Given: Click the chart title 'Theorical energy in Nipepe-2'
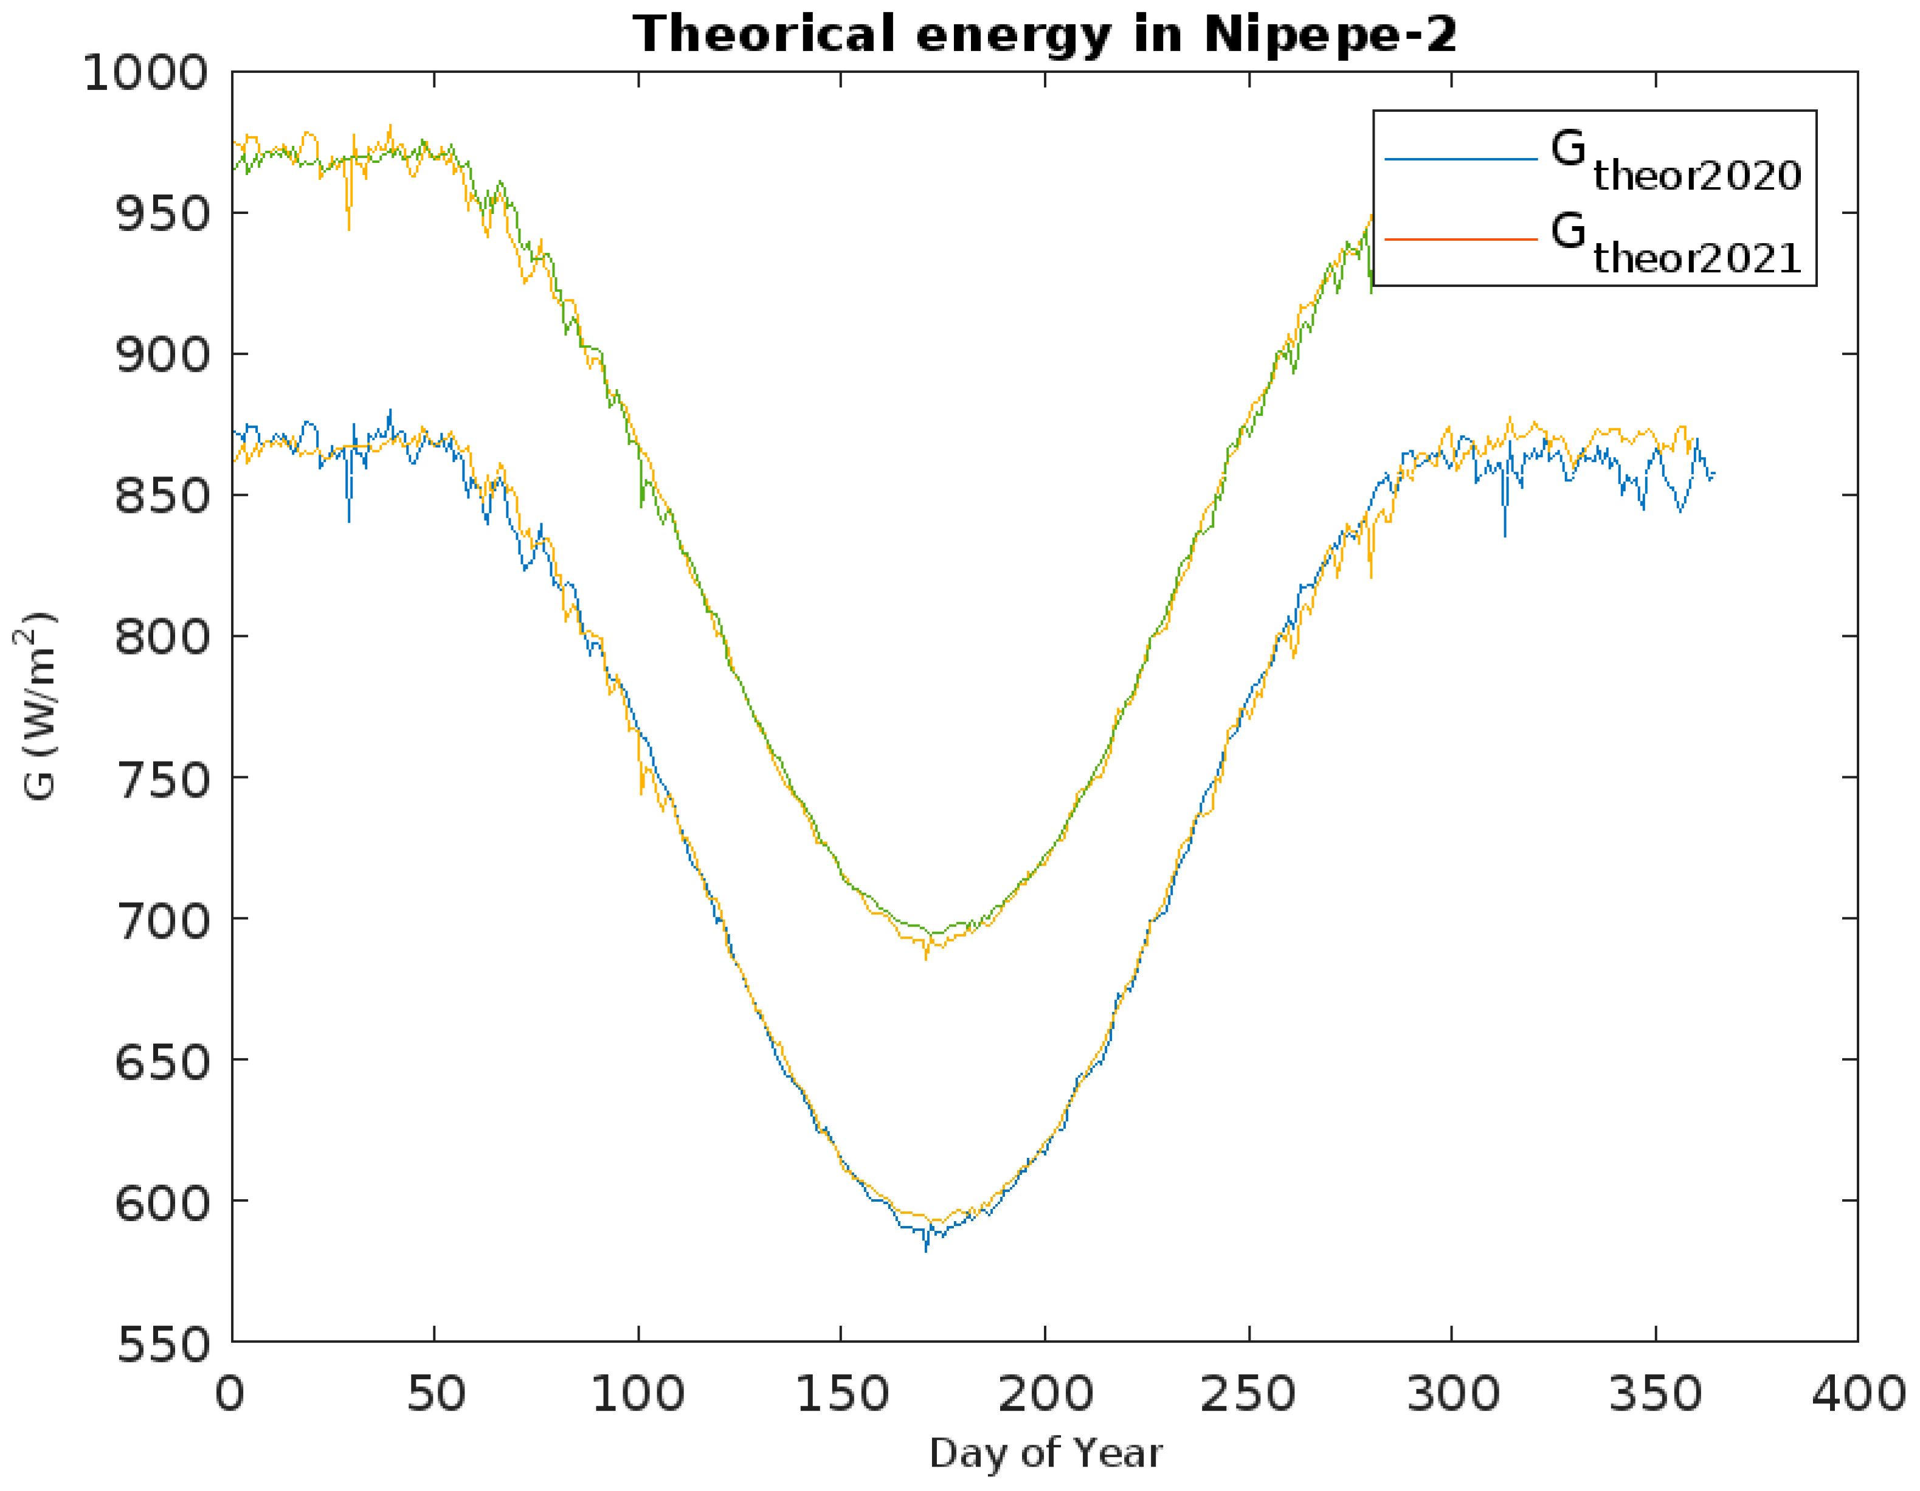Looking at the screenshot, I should [x=1045, y=35].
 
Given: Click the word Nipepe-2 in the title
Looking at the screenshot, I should [x=1329, y=35].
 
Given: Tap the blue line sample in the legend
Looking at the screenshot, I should [x=1461, y=159].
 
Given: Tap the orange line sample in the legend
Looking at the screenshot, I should [x=1461, y=239].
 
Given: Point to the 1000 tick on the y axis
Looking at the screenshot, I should [x=146, y=73].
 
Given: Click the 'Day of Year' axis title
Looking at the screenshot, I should [x=1045, y=1454].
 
